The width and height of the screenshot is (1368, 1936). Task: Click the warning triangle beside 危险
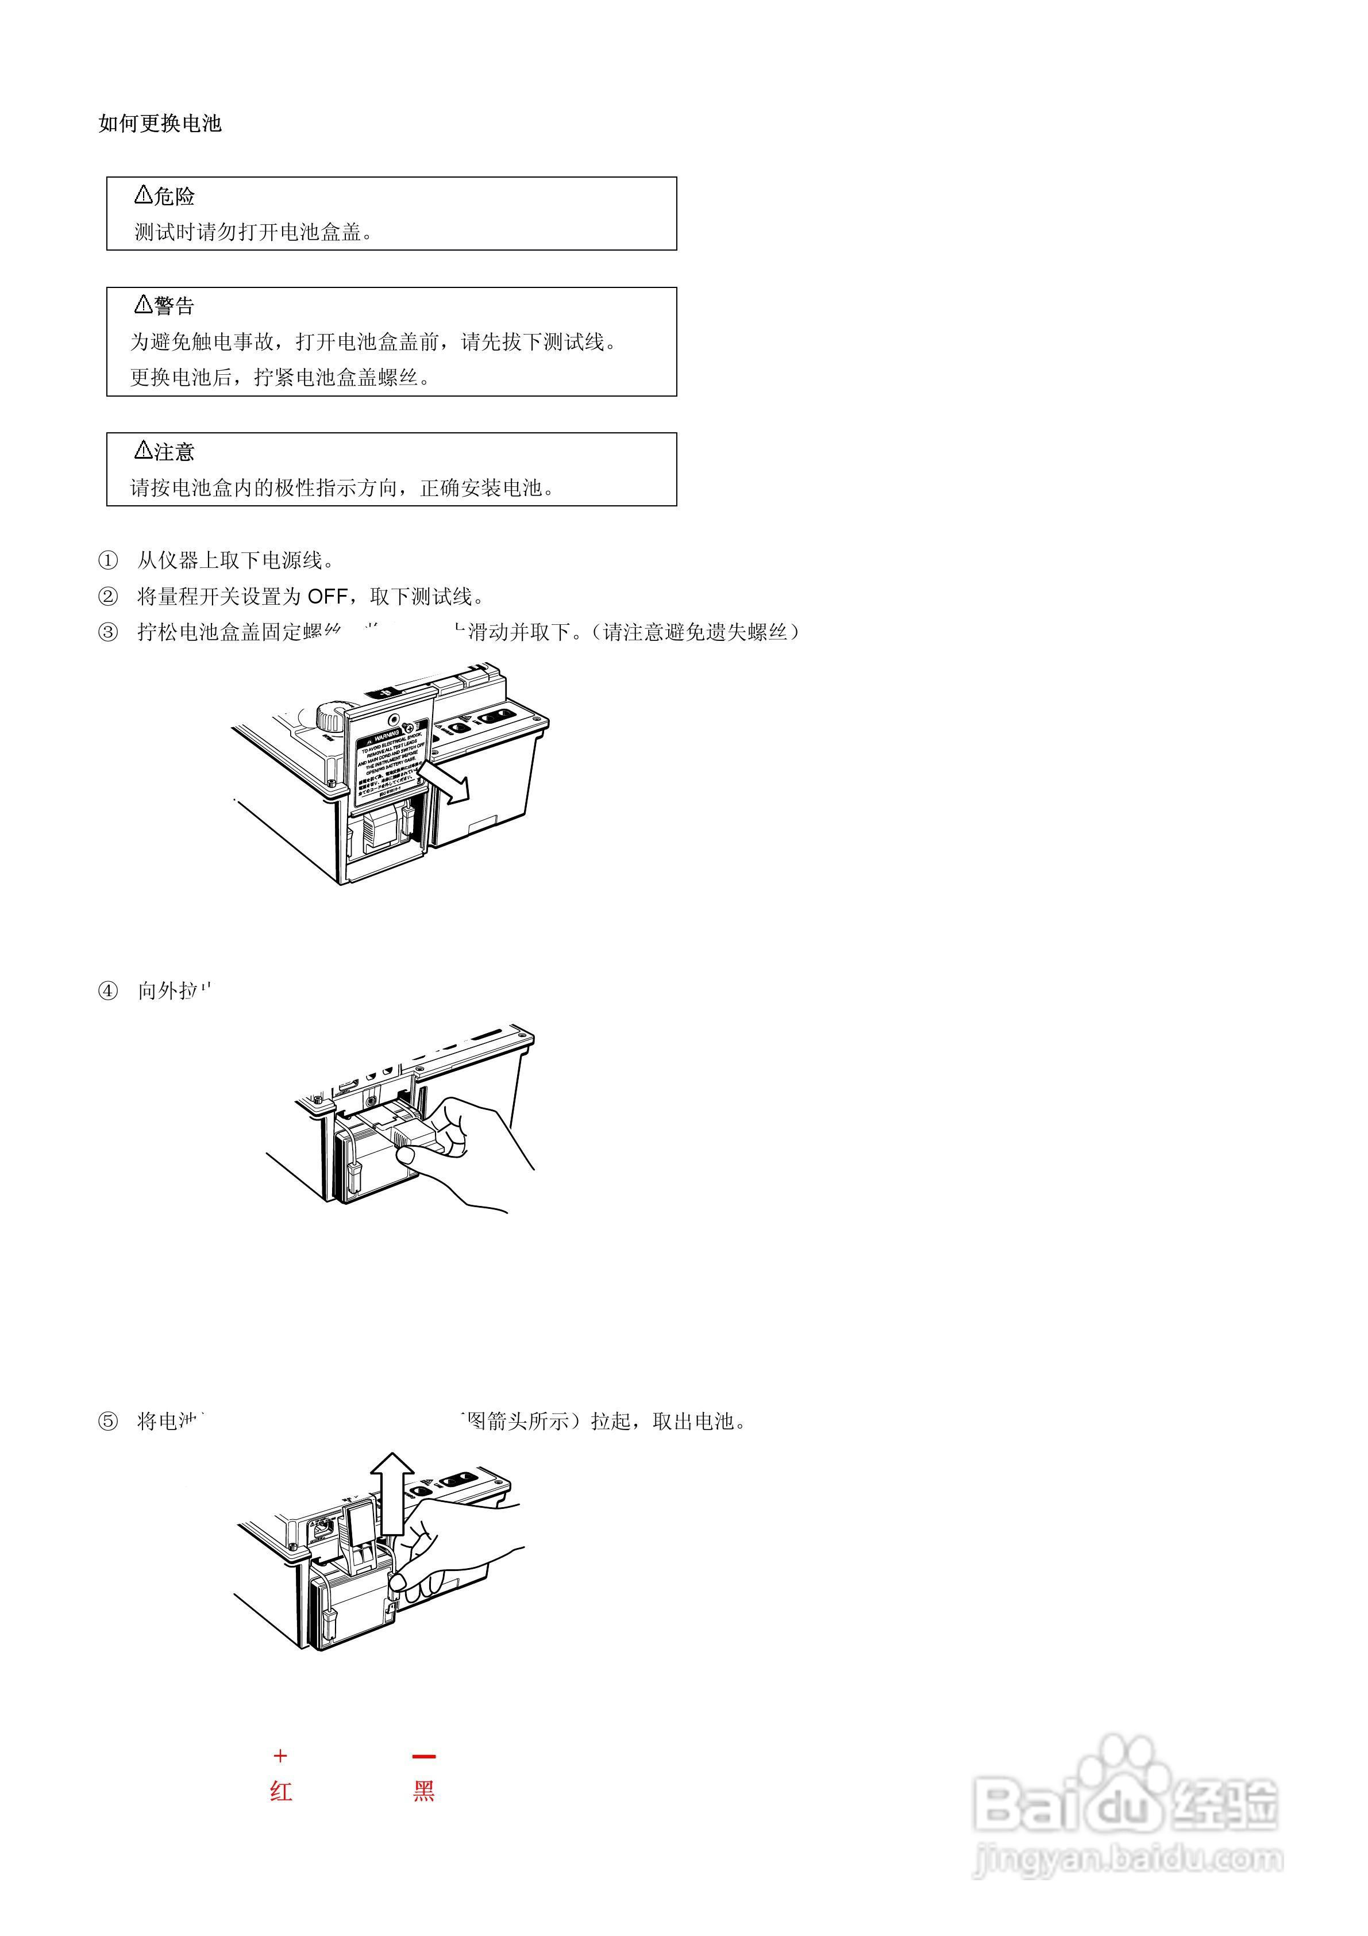[142, 195]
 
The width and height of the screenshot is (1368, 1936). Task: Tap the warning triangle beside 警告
[142, 305]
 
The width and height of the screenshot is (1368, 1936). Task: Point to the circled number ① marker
[108, 560]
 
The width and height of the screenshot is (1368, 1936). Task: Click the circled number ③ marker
[108, 632]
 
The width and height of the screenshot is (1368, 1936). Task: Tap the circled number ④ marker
[108, 991]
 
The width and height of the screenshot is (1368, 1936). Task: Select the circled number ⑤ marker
[108, 1422]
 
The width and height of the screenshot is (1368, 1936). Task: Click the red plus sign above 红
[281, 1757]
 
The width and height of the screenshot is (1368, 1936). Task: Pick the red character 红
[281, 1791]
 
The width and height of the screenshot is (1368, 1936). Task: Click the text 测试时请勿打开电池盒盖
[253, 232]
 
